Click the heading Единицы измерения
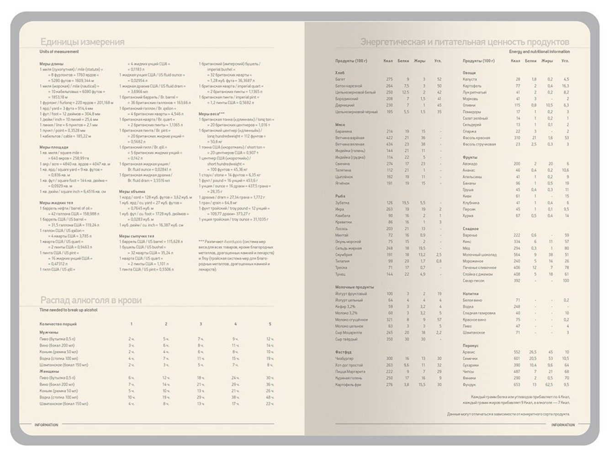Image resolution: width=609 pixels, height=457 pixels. (82, 42)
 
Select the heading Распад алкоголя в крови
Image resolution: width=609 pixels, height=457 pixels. (91, 300)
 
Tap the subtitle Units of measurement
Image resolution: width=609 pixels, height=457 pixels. (59, 52)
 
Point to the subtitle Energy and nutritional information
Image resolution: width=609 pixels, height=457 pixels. (540, 52)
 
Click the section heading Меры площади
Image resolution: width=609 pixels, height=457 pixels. (54, 147)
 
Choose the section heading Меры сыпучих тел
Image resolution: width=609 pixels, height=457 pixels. (137, 236)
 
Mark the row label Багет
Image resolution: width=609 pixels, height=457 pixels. (340, 80)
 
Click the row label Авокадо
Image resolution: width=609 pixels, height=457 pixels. (470, 164)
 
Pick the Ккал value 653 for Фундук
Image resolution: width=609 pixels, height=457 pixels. (517, 385)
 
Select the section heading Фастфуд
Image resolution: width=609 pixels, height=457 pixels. (343, 352)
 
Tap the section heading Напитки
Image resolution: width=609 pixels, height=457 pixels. (471, 294)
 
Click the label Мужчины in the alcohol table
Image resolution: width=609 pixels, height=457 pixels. (49, 332)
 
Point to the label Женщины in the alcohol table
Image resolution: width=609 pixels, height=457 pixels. (49, 372)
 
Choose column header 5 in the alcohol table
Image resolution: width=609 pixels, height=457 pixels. (270, 324)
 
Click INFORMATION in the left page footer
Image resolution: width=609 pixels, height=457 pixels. (46, 425)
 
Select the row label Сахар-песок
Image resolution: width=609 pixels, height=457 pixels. (473, 281)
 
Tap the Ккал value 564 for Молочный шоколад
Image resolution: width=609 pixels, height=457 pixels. (517, 255)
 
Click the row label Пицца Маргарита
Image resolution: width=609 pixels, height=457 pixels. (350, 372)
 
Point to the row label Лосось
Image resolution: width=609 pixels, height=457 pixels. (341, 228)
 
